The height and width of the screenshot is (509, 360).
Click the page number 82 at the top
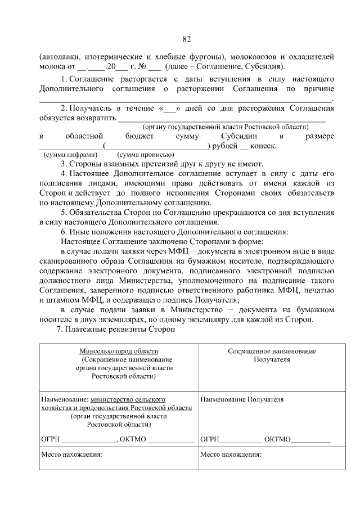(187, 39)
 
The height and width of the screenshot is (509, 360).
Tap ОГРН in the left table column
(51, 439)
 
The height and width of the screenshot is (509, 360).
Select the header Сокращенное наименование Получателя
(272, 355)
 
